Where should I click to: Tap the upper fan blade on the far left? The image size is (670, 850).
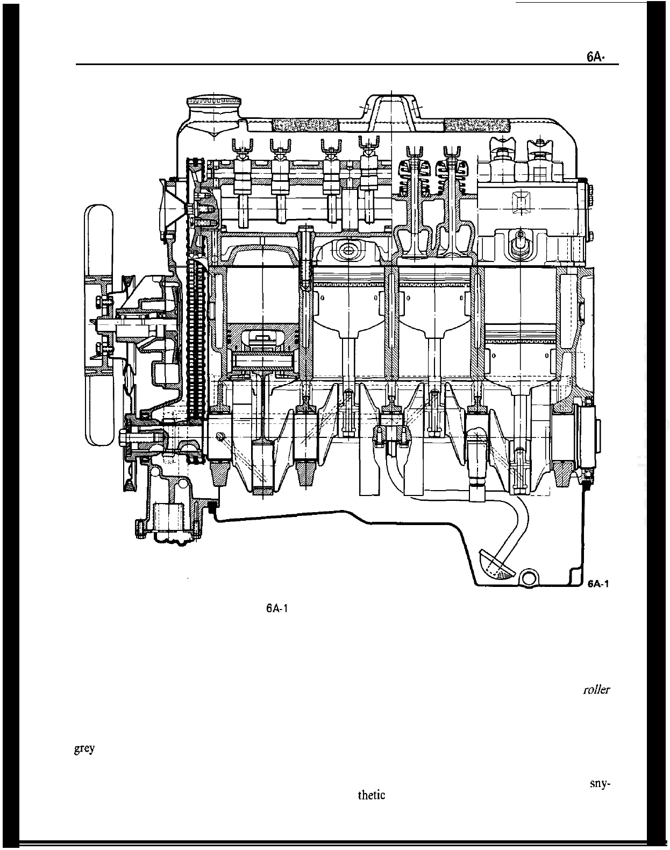click(99, 237)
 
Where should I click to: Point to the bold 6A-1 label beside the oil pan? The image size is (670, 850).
click(598, 584)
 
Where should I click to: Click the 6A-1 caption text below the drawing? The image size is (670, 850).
click(278, 609)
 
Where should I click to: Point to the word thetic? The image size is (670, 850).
click(371, 795)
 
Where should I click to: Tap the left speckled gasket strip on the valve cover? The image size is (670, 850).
click(304, 125)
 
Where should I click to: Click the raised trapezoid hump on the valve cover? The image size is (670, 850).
click(391, 110)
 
